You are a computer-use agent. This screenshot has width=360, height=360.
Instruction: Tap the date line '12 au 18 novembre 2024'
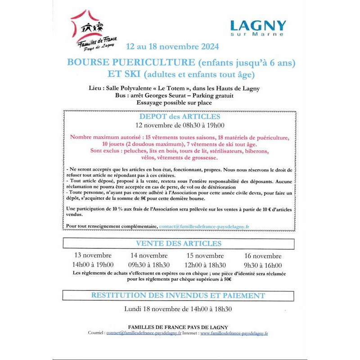(172, 46)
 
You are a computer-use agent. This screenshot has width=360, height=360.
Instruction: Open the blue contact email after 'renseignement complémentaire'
(204, 226)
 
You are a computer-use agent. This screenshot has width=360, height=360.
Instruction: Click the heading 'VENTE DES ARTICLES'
(179, 243)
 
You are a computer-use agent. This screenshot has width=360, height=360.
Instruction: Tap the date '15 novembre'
(205, 256)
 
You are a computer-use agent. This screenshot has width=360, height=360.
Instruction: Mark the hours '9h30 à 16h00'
(263, 265)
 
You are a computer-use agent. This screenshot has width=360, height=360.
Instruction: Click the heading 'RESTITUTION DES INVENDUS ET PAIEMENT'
(178, 295)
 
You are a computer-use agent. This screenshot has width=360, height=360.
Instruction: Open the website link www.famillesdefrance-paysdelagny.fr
(234, 333)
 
